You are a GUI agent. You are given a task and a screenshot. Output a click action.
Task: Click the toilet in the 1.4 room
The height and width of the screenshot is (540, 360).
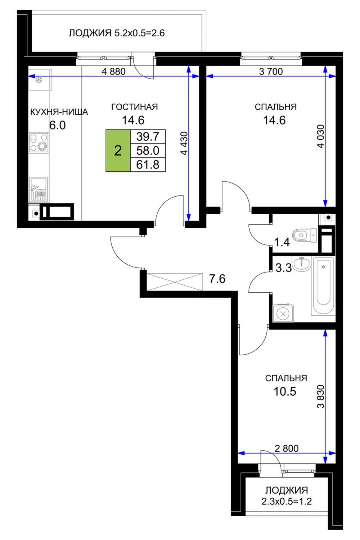[305, 235]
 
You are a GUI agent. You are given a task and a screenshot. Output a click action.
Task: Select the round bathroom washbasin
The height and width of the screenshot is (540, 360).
[301, 264]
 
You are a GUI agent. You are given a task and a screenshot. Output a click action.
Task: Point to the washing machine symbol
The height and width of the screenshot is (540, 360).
[283, 314]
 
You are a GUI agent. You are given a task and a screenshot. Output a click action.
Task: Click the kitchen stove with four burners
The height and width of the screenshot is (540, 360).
[39, 143]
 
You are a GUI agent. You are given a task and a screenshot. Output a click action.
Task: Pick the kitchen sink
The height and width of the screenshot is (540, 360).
[38, 189]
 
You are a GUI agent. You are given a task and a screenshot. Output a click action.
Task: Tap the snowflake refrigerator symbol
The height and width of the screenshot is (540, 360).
[39, 80]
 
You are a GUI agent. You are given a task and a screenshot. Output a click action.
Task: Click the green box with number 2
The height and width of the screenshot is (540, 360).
[118, 151]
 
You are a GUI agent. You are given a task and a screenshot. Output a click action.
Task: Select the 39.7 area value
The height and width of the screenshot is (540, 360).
[148, 137]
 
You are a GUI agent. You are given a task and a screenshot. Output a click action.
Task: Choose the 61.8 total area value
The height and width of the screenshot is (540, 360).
[148, 165]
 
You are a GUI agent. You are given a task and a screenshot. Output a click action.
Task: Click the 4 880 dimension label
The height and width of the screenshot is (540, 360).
[113, 72]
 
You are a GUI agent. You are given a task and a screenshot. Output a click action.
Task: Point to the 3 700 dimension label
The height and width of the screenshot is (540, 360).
[271, 72]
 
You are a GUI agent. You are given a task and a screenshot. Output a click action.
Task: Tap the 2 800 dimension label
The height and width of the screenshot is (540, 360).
[287, 449]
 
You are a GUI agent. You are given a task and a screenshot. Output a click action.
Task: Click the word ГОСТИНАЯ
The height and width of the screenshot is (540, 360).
[135, 107]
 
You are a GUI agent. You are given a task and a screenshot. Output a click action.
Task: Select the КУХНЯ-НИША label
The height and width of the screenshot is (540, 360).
[59, 112]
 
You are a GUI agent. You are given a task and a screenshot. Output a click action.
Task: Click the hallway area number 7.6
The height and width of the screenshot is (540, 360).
[217, 279]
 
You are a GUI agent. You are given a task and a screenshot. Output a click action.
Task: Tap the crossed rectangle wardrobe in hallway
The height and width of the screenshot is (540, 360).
[175, 282]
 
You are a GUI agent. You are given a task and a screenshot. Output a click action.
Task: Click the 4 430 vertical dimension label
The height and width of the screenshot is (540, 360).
[184, 143]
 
